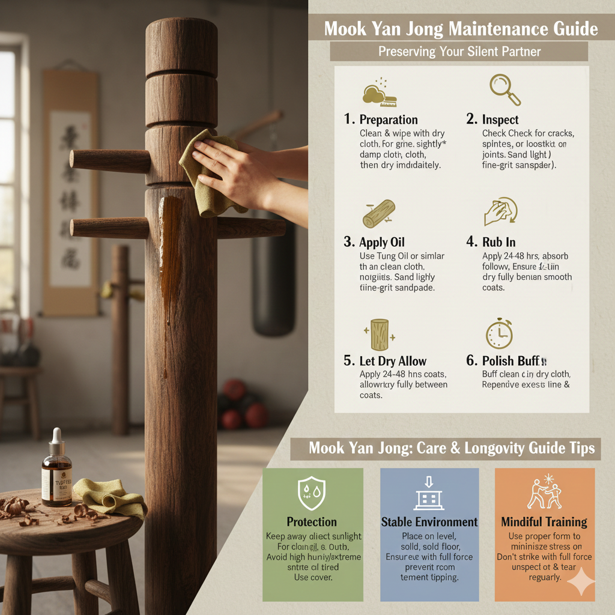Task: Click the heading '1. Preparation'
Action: pyautogui.click(x=381, y=119)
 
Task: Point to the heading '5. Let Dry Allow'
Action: pyautogui.click(x=385, y=361)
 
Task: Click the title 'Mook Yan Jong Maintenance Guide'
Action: pyautogui.click(x=461, y=28)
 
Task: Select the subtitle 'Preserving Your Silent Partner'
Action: pyautogui.click(x=459, y=52)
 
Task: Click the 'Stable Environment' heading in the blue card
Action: pyautogui.click(x=429, y=521)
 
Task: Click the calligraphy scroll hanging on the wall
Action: pyautogui.click(x=70, y=192)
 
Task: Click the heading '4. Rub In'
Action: pyautogui.click(x=499, y=242)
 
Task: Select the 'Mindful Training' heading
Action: pyautogui.click(x=544, y=521)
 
